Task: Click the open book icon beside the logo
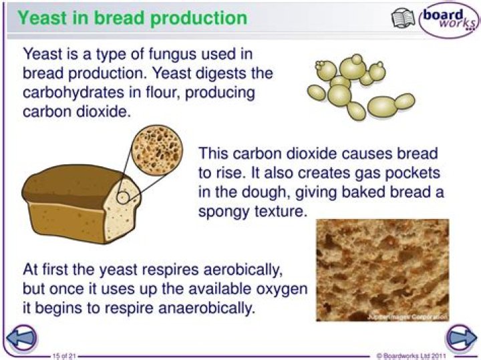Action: click(403, 18)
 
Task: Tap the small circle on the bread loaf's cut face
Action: click(124, 197)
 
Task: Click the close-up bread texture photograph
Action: click(381, 269)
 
